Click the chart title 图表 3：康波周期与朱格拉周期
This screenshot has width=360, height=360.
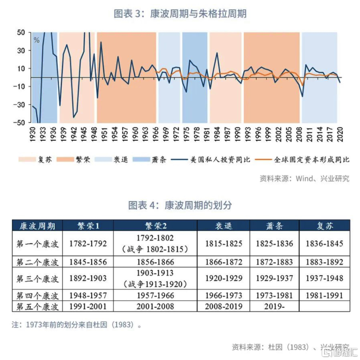[x=180, y=14]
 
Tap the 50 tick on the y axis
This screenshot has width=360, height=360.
[x=21, y=32]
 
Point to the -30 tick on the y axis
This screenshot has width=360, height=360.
[x=20, y=105]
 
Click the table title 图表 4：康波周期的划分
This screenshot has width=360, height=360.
[x=180, y=205]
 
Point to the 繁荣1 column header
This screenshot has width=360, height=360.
[x=88, y=225]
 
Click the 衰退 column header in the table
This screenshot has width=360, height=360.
[x=223, y=225]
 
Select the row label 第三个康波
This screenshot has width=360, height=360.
[x=37, y=277]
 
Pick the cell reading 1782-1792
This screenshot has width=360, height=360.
[x=88, y=243]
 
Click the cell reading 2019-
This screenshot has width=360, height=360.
[x=274, y=306]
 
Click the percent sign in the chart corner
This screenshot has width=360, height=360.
[x=37, y=40]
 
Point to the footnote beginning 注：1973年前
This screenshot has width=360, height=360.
[x=77, y=325]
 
